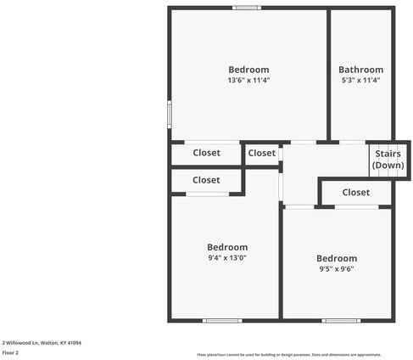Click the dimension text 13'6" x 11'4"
(x=248, y=81)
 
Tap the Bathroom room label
(x=360, y=70)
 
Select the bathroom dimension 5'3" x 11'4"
(x=360, y=81)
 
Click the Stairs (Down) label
(x=388, y=160)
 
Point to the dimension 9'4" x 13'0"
(x=227, y=258)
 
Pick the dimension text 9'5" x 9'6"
(x=337, y=269)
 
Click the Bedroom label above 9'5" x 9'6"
(x=337, y=258)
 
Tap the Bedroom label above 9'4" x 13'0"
(x=227, y=247)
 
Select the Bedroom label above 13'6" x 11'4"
(x=248, y=70)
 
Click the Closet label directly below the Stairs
(x=356, y=193)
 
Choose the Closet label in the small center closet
(x=262, y=154)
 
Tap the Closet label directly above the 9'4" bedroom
(x=206, y=180)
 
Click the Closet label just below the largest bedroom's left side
(x=206, y=154)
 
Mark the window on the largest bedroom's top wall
(x=247, y=8)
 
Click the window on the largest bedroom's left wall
(x=170, y=113)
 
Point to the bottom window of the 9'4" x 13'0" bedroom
(x=216, y=320)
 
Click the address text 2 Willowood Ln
(x=42, y=342)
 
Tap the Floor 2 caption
(x=11, y=352)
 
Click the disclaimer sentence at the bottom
(x=289, y=354)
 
